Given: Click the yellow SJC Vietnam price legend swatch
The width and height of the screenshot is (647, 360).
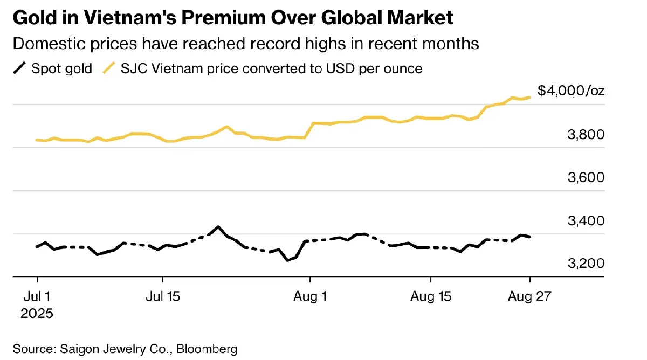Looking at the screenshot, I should click(110, 68).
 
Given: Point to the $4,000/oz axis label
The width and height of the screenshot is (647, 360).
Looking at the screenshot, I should click(571, 91).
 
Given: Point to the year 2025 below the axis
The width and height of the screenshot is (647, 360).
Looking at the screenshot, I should click(37, 313).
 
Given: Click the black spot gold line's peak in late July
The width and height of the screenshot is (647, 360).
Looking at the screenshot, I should click(218, 226).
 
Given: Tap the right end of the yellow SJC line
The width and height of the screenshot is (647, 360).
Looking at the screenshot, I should click(531, 97).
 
